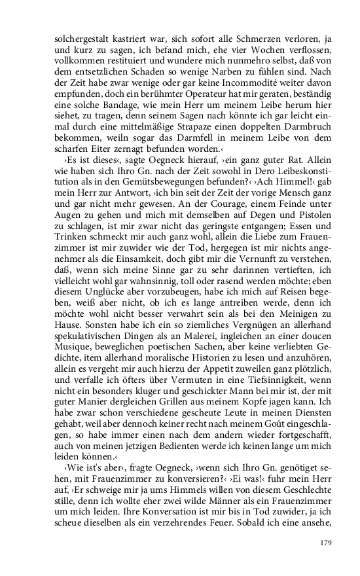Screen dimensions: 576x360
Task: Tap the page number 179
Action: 308,543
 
